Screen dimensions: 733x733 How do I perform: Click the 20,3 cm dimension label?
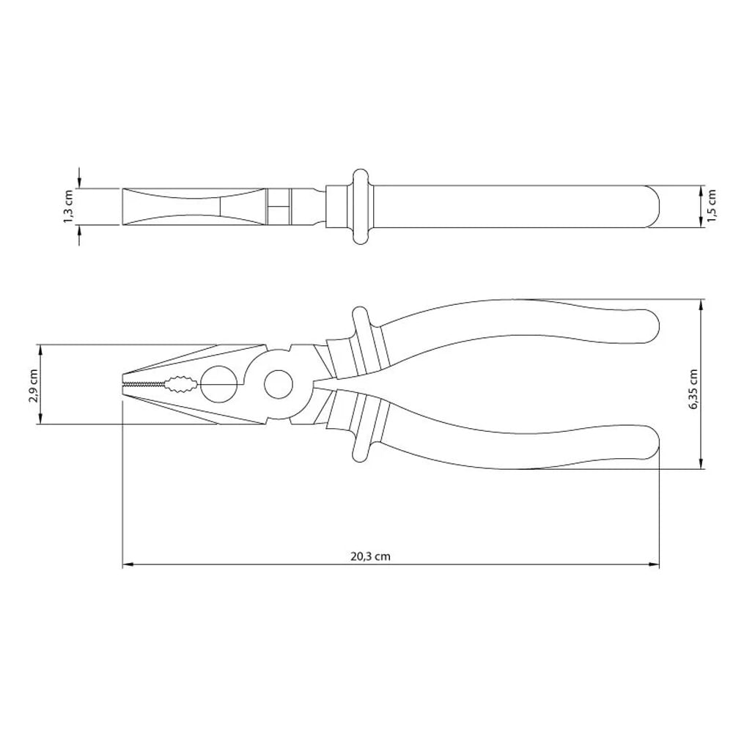click(370, 556)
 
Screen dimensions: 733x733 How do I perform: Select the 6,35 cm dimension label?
click(693, 389)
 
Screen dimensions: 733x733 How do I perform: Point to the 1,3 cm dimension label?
click(69, 206)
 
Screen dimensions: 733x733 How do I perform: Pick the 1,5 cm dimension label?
click(712, 206)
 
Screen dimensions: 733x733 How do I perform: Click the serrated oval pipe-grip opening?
click(180, 384)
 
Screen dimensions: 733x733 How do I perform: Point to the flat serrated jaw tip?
click(144, 384)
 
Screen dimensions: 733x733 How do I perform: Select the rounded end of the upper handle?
click(652, 324)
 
